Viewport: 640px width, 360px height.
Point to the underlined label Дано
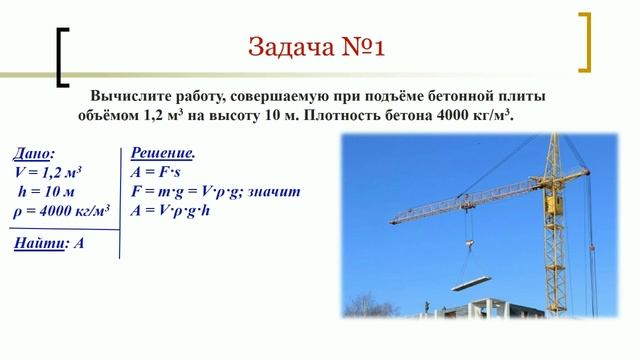[34, 154]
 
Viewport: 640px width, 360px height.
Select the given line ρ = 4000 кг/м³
[62, 210]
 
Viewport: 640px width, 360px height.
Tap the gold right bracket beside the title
[587, 41]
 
